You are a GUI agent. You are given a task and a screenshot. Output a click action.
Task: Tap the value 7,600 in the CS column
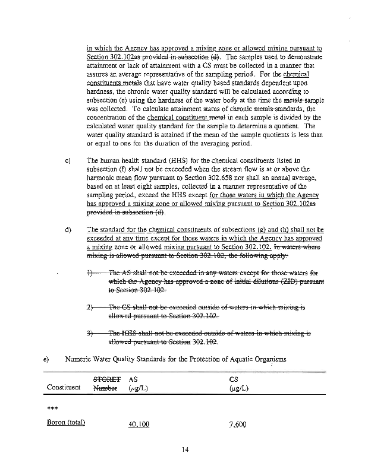pos(238,425)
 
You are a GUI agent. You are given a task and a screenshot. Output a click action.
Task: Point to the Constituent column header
pos(63,387)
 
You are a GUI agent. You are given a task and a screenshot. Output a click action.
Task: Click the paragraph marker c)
pos(67,160)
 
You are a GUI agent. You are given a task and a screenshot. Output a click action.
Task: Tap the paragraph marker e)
pos(46,359)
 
